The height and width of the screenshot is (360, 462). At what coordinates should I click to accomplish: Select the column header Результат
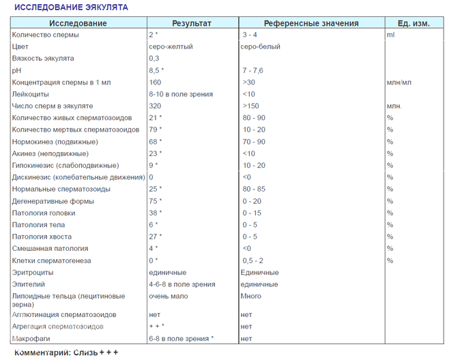[x=192, y=23]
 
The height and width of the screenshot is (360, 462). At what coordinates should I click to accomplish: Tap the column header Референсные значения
[x=311, y=23]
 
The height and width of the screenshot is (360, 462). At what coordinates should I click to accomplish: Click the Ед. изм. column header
[x=413, y=23]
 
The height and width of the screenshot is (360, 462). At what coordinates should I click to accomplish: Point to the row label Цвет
[x=20, y=46]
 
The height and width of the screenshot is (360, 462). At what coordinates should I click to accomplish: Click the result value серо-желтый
[x=171, y=46]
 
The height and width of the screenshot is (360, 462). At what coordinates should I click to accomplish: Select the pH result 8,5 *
[x=156, y=70]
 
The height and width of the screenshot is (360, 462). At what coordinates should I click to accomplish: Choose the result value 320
[x=155, y=106]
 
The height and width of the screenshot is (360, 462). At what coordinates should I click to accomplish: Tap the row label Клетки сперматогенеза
[x=52, y=260]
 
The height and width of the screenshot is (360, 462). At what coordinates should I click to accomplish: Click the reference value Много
[x=251, y=296]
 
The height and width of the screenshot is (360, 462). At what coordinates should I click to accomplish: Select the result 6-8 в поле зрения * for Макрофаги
[x=181, y=338]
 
